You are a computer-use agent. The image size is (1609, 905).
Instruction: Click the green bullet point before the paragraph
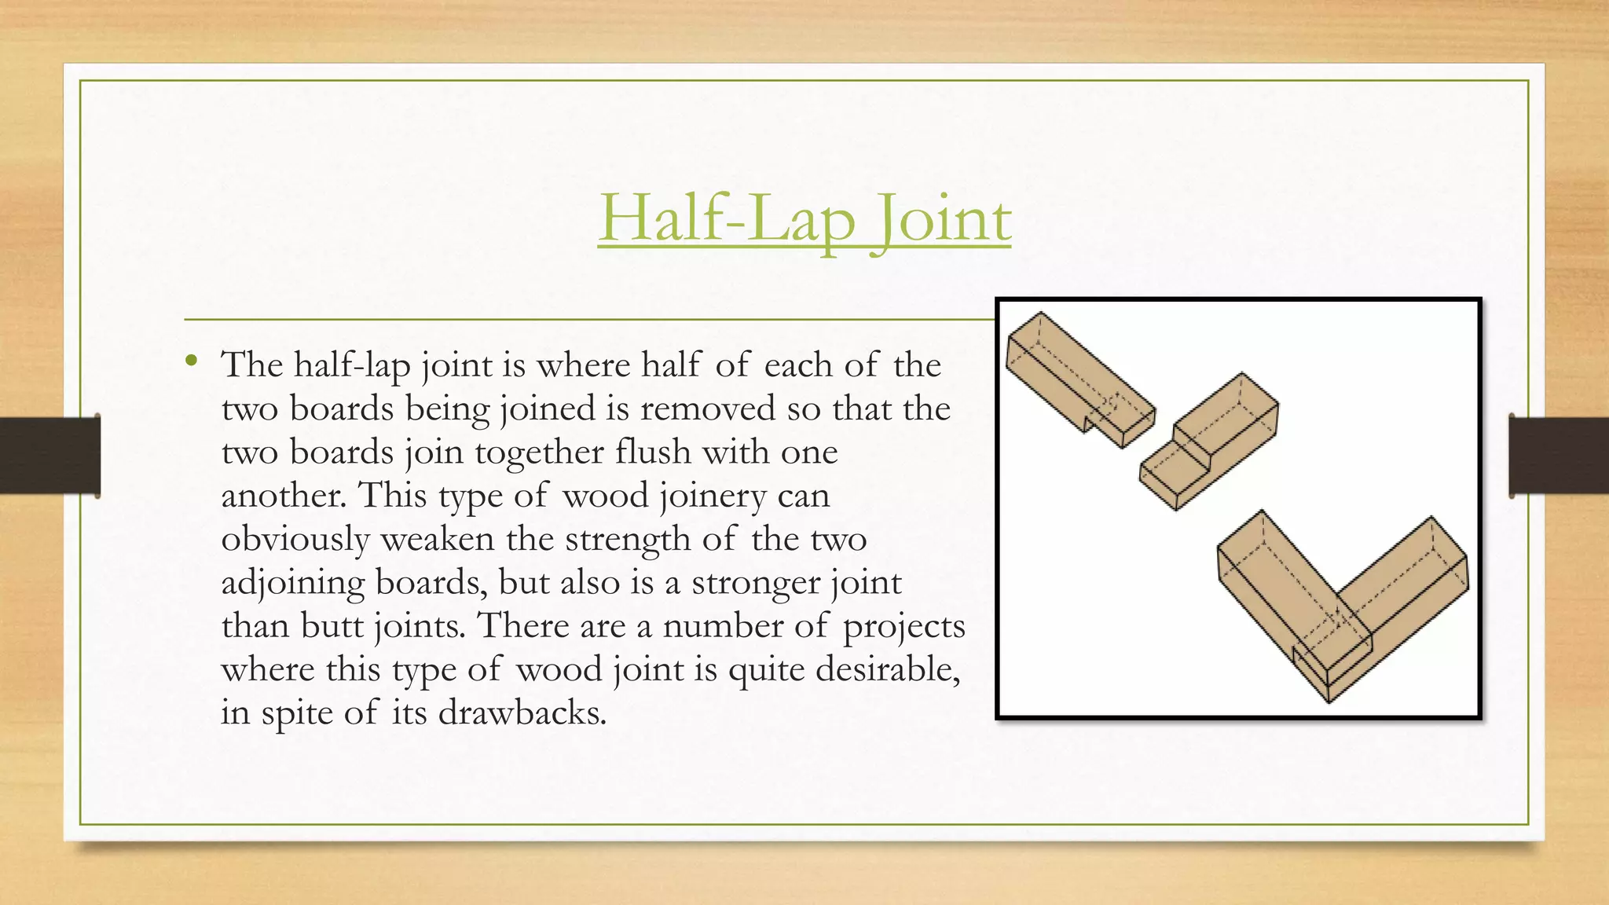(x=191, y=361)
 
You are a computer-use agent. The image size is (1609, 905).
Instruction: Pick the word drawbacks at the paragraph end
(x=522, y=713)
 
